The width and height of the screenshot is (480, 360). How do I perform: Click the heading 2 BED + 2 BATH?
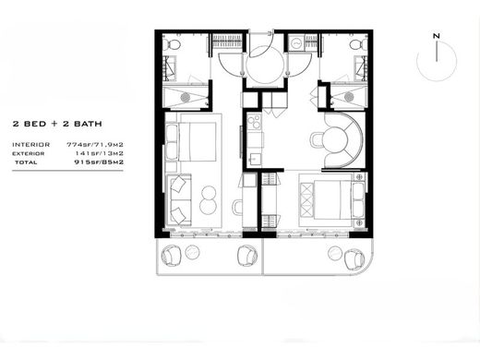click(x=57, y=124)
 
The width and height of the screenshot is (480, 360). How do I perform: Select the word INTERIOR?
click(x=30, y=145)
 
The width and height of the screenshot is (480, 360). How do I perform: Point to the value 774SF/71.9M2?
click(x=95, y=145)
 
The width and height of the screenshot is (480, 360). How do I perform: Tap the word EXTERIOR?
click(x=29, y=153)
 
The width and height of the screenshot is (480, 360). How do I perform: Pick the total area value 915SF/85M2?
click(x=99, y=162)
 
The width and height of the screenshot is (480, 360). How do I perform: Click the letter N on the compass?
click(x=437, y=36)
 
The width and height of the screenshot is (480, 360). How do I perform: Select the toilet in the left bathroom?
click(x=172, y=44)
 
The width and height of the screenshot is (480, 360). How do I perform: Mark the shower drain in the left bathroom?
click(x=186, y=98)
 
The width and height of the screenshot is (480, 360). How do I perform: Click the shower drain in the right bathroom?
click(x=349, y=97)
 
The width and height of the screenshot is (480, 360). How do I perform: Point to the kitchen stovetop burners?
click(x=255, y=122)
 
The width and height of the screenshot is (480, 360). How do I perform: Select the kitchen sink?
click(x=255, y=160)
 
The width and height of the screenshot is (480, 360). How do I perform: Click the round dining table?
click(x=335, y=140)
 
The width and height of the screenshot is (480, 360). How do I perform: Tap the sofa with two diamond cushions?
click(x=179, y=200)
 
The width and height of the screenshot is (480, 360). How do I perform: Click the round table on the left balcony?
click(x=192, y=252)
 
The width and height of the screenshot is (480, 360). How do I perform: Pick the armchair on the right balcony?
click(x=354, y=260)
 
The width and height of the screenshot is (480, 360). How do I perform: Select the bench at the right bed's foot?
click(x=306, y=200)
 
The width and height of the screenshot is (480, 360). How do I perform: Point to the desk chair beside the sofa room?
click(x=237, y=207)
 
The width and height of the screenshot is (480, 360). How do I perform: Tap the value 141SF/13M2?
click(x=99, y=153)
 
